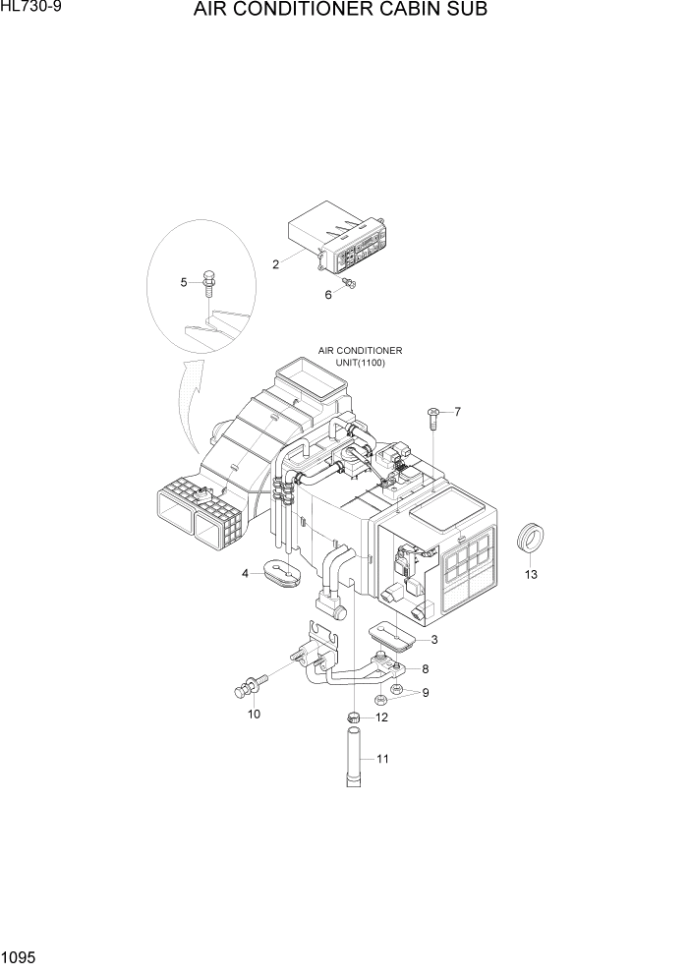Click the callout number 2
click(x=276, y=263)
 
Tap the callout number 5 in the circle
click(x=184, y=283)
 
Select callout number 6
click(x=328, y=294)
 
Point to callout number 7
click(x=457, y=411)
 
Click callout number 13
click(x=531, y=575)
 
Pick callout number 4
click(x=245, y=574)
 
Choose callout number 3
click(x=433, y=639)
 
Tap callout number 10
click(x=254, y=715)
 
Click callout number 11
click(x=382, y=759)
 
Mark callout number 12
click(x=381, y=717)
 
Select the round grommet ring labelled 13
click(x=531, y=541)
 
